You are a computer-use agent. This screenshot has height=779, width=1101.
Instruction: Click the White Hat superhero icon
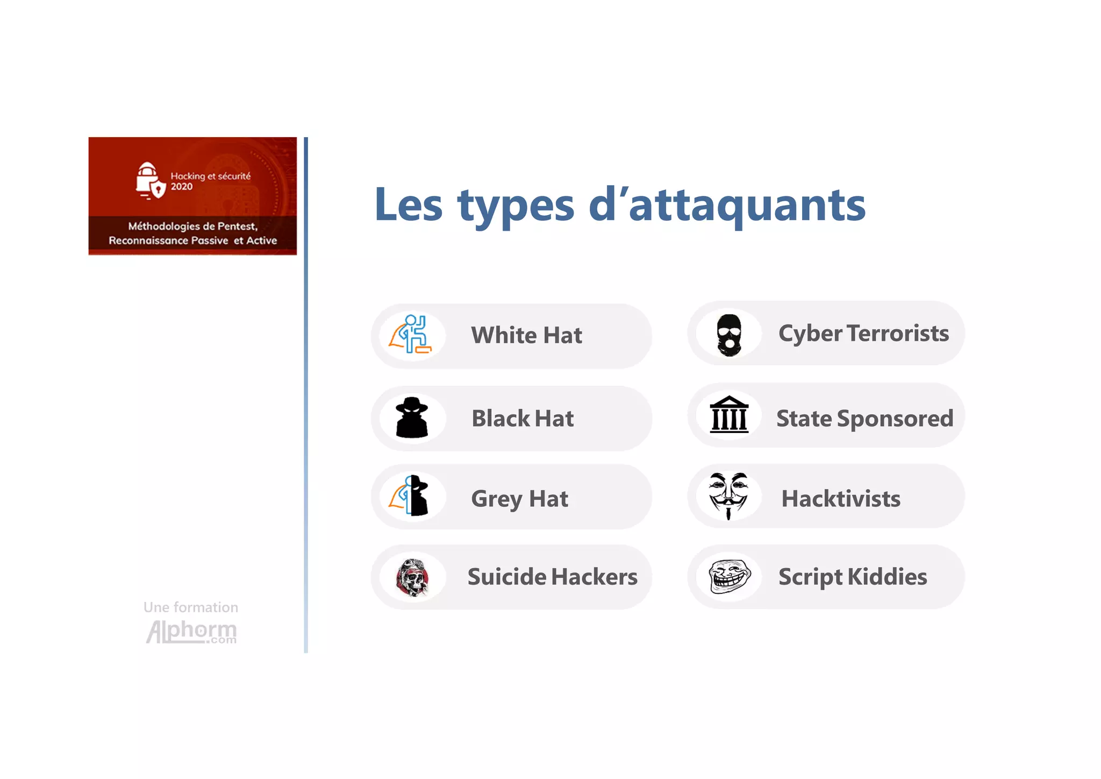click(411, 335)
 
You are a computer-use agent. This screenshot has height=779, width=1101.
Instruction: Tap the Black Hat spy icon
click(412, 417)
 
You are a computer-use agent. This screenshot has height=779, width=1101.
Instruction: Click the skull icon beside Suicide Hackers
click(412, 577)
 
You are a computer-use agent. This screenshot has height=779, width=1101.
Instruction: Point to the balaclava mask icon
click(729, 335)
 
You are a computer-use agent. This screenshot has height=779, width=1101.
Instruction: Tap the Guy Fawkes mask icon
click(728, 495)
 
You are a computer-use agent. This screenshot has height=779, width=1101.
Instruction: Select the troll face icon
click(729, 576)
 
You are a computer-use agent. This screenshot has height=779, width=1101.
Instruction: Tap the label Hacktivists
click(841, 499)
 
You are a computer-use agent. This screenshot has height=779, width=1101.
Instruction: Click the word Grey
click(496, 499)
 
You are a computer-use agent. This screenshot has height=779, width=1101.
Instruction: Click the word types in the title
click(516, 206)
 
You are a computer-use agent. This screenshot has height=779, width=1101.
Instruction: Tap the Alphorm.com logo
click(191, 632)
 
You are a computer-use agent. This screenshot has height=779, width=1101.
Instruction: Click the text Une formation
click(191, 607)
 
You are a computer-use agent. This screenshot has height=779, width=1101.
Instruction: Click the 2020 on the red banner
click(182, 187)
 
